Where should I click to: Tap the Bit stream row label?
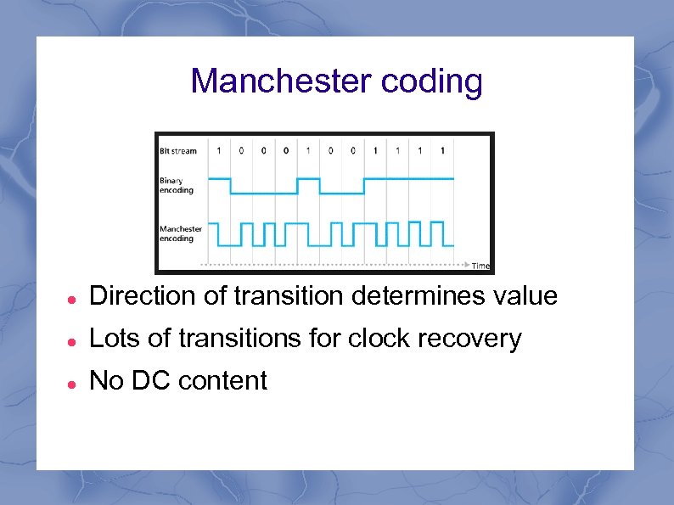click(178, 151)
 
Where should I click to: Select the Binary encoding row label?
click(177, 185)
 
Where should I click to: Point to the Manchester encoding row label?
click(181, 233)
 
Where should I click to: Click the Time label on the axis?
click(480, 266)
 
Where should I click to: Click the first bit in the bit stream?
click(219, 151)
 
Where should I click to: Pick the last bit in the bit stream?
click(441, 151)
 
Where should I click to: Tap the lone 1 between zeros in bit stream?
click(307, 151)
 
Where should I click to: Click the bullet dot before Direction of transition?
click(74, 298)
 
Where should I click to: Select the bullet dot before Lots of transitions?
click(74, 339)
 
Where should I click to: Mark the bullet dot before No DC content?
click(74, 382)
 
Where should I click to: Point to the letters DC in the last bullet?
click(151, 381)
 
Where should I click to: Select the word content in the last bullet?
click(222, 381)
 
